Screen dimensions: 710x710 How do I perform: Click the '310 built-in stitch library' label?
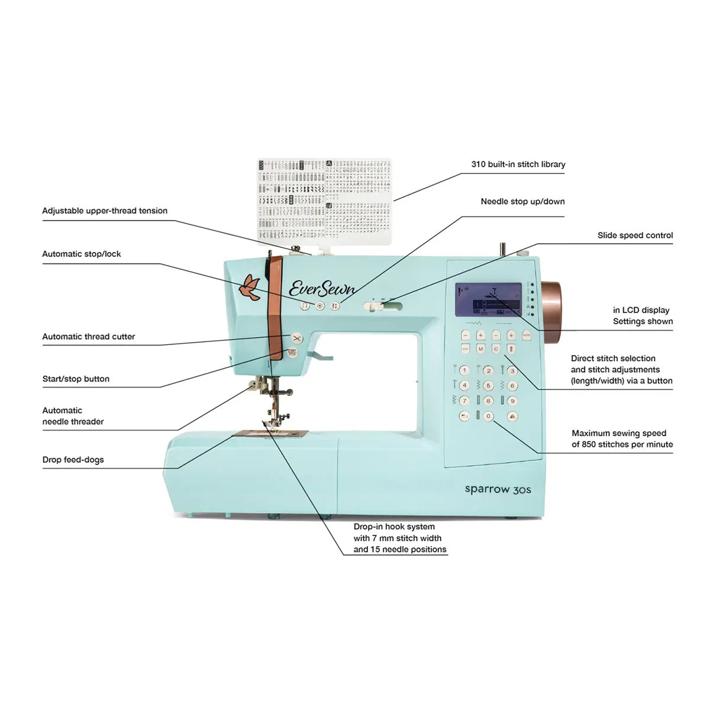coord(518,164)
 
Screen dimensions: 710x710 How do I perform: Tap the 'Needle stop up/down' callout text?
coord(522,202)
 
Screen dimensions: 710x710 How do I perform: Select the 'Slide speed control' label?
coord(635,235)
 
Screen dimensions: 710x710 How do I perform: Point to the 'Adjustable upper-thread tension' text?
coord(105,211)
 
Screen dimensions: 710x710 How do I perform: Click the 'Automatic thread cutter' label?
coord(89,337)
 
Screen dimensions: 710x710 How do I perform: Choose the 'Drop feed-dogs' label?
coord(73,460)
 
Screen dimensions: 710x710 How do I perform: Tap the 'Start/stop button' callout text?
coord(76,379)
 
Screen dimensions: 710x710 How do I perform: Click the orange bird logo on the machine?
coord(250,287)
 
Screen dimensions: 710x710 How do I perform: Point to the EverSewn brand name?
coord(322,288)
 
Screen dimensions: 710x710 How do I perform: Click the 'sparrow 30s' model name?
coord(498,489)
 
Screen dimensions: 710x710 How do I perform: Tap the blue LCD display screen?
coord(489,299)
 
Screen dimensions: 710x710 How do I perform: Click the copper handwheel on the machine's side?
coord(553,312)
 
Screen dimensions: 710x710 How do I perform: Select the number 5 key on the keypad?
coord(488,386)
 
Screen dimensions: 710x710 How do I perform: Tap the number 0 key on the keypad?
coord(488,417)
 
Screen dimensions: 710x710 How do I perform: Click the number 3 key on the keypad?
coord(512,371)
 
